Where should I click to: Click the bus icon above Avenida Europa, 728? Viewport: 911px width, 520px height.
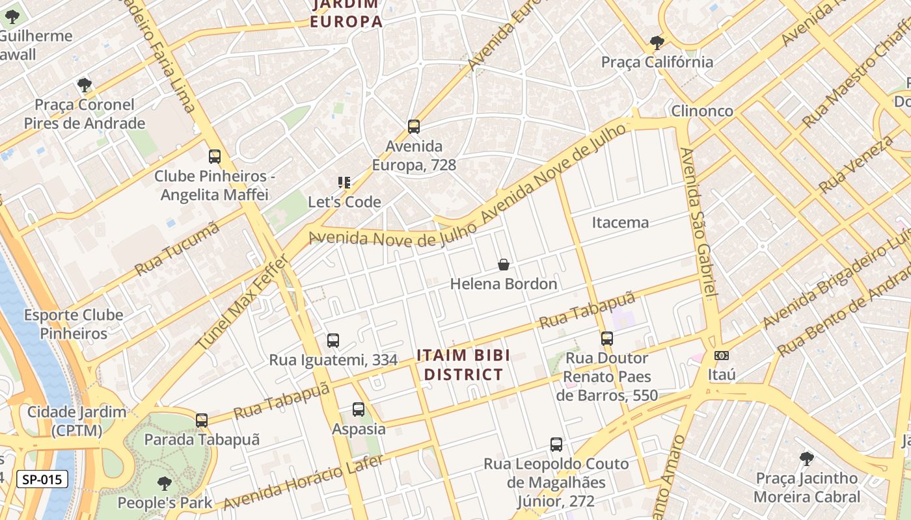[x=413, y=126]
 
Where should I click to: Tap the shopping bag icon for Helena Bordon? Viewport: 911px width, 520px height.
[x=504, y=265]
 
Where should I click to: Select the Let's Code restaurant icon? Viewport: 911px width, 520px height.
[x=344, y=183]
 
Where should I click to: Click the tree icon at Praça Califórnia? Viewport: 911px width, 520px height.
[x=657, y=43]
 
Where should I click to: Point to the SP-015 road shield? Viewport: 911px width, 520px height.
[x=42, y=480]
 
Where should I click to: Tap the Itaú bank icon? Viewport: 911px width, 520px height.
[x=721, y=356]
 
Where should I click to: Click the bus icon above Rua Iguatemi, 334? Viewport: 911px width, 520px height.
[x=333, y=340]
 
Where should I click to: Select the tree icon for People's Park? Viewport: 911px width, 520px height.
[x=165, y=483]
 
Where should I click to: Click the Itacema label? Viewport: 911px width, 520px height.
[x=620, y=222]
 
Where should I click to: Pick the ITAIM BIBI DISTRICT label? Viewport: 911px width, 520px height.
[x=463, y=365]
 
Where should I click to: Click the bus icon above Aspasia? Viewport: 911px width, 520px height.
[x=359, y=409]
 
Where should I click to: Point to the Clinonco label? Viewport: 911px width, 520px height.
[x=702, y=110]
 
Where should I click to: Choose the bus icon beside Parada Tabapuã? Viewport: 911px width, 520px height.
[x=202, y=421]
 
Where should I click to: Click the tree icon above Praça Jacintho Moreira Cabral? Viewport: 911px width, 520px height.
[x=807, y=459]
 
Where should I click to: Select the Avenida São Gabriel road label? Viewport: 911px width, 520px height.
[x=698, y=221]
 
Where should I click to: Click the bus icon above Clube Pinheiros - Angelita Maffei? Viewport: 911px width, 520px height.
[x=215, y=156]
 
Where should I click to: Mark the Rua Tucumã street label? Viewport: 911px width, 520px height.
[x=177, y=249]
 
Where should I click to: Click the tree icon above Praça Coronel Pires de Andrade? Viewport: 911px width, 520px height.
[x=84, y=84]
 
